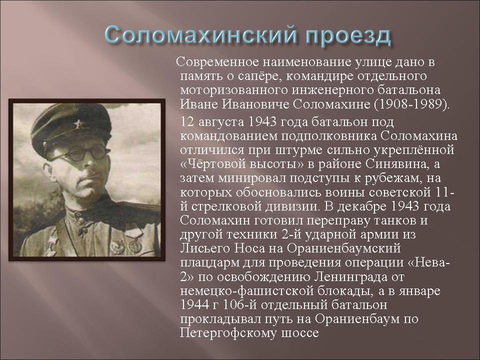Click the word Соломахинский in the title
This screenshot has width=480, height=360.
pos(201,34)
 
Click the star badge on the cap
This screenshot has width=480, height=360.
pos(78,124)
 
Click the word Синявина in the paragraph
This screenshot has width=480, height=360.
pos(396,164)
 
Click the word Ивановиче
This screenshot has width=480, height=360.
pos(255,104)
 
